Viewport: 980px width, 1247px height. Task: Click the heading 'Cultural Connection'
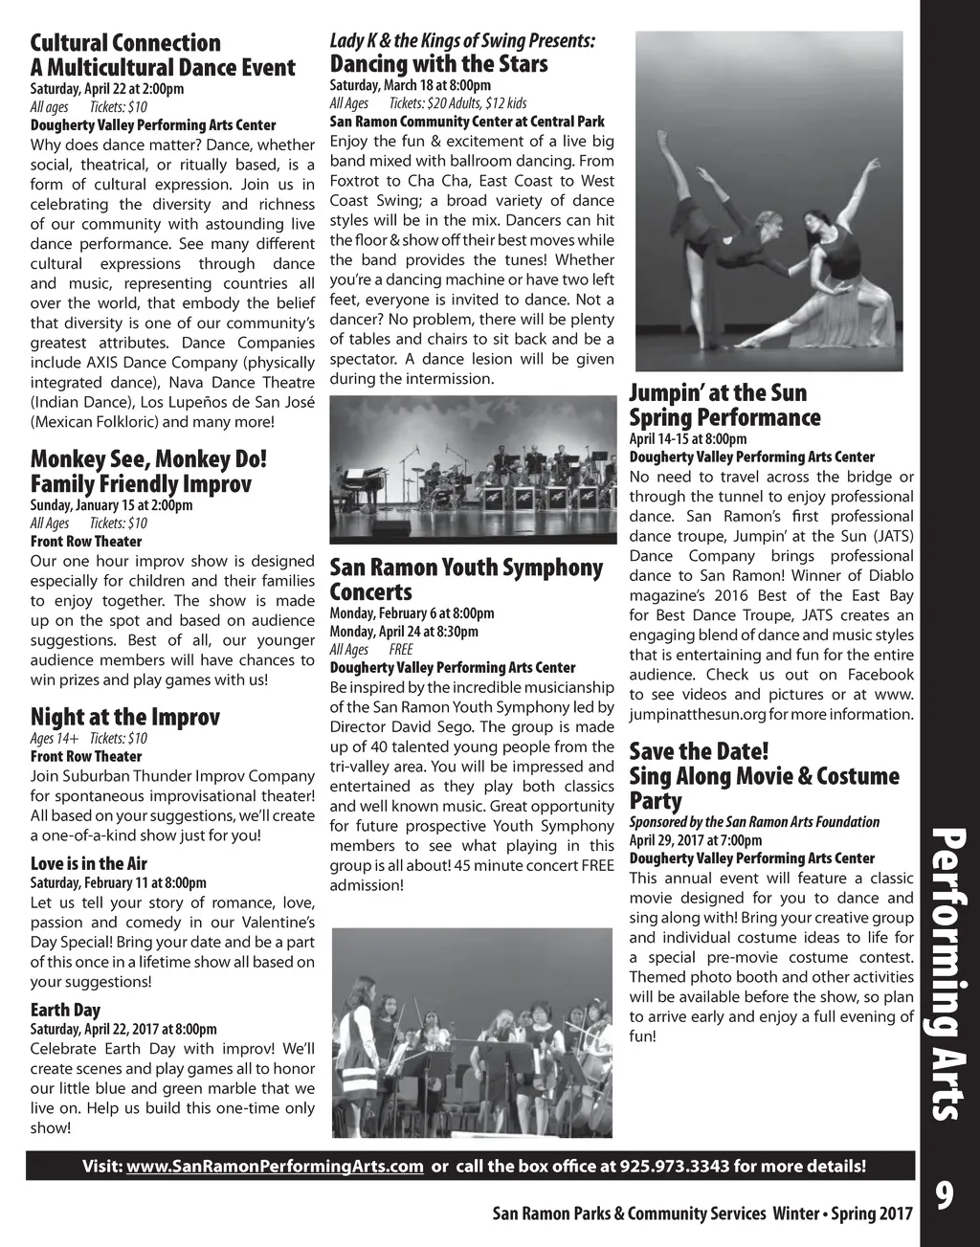click(x=125, y=43)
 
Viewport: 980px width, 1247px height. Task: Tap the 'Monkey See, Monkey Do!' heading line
click(x=148, y=458)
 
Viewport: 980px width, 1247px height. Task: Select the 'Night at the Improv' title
click(x=125, y=717)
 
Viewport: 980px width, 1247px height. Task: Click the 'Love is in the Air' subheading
click(x=89, y=863)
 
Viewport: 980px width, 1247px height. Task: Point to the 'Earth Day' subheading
click(x=65, y=1010)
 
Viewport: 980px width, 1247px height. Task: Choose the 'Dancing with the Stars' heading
click(x=438, y=64)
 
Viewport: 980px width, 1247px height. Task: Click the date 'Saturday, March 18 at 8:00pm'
click(x=410, y=85)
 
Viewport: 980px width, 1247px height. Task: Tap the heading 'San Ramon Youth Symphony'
click(x=466, y=568)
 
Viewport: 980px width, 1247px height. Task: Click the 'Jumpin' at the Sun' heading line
click(x=718, y=392)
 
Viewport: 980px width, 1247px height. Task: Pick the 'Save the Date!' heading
click(x=699, y=751)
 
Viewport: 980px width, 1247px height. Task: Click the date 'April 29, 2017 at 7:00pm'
click(x=696, y=840)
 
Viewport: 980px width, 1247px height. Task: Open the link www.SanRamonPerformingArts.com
click(x=275, y=1166)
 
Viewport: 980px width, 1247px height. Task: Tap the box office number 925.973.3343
click(x=674, y=1166)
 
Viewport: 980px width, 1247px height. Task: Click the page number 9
click(x=945, y=1195)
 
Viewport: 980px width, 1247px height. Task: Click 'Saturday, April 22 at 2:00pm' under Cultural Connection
click(x=107, y=89)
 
